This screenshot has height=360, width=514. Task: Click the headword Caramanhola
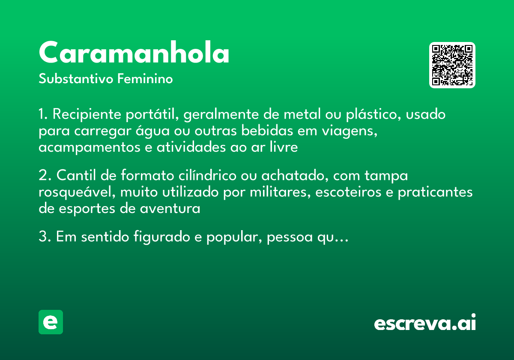tap(134, 53)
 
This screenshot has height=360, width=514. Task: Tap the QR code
tap(452, 65)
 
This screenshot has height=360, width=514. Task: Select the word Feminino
tap(145, 79)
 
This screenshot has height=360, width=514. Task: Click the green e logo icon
tap(51, 322)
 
